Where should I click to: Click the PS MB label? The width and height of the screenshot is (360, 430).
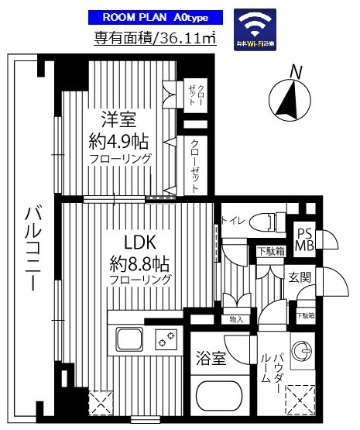305,239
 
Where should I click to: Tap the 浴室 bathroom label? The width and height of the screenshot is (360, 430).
209,360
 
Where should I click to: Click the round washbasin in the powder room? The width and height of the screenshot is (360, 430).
303,348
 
